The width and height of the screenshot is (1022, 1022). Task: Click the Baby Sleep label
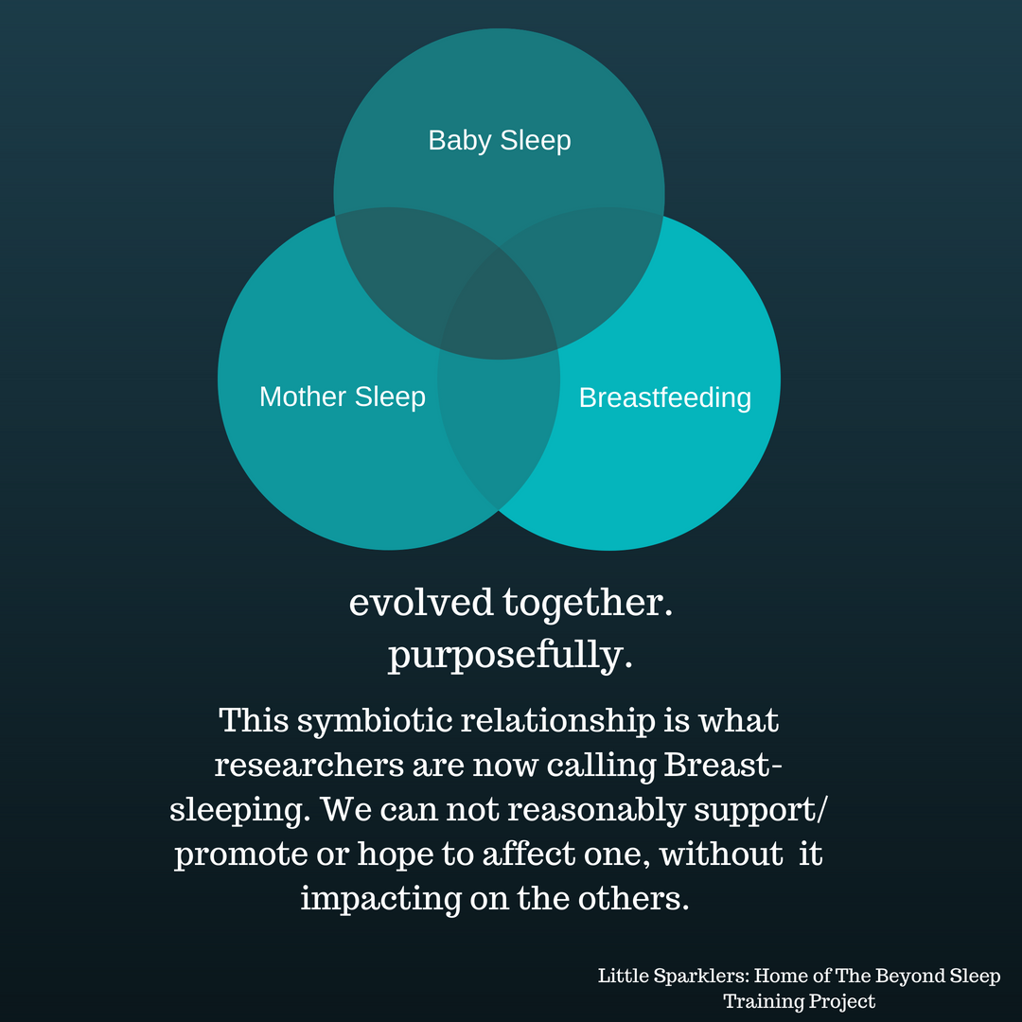[500, 141]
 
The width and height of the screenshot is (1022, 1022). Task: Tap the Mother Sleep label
[342, 396]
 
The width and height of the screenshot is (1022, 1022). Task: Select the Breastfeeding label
[664, 397]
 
